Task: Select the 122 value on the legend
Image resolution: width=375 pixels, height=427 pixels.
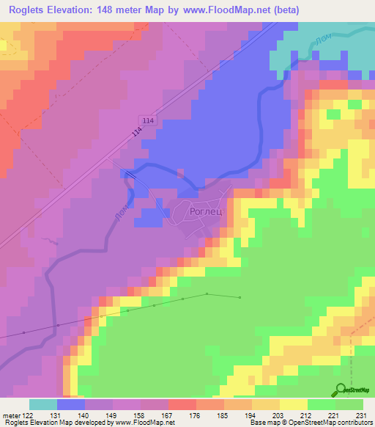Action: tap(29, 415)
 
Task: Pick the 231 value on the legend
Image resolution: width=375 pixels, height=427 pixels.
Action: tap(363, 415)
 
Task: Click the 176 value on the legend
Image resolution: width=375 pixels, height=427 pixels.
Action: tap(196, 415)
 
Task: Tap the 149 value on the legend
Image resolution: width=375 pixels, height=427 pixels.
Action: tap(113, 415)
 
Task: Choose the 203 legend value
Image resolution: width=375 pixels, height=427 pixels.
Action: tap(279, 415)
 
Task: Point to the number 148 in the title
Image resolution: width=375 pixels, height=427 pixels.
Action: tap(119, 9)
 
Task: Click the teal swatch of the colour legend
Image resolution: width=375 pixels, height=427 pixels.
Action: tap(42, 404)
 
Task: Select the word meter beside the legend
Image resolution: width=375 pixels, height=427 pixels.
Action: tap(11, 415)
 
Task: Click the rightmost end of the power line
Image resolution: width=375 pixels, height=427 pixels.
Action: tap(240, 297)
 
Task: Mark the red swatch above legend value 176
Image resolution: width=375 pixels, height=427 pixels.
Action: tap(182, 404)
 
